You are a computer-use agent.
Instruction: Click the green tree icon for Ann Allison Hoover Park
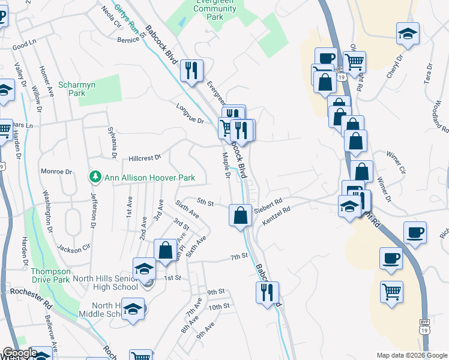coord(94,178)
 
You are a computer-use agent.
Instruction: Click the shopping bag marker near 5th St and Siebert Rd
coord(240,215)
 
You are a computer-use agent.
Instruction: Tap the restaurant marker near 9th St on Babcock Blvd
coord(267,293)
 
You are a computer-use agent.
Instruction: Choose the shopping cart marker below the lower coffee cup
coord(391,292)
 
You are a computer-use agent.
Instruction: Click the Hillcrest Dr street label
coord(145,158)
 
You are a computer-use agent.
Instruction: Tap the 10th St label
coord(219,307)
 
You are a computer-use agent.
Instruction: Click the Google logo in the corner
coord(20,353)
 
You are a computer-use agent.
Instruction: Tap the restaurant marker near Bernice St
coord(192,71)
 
